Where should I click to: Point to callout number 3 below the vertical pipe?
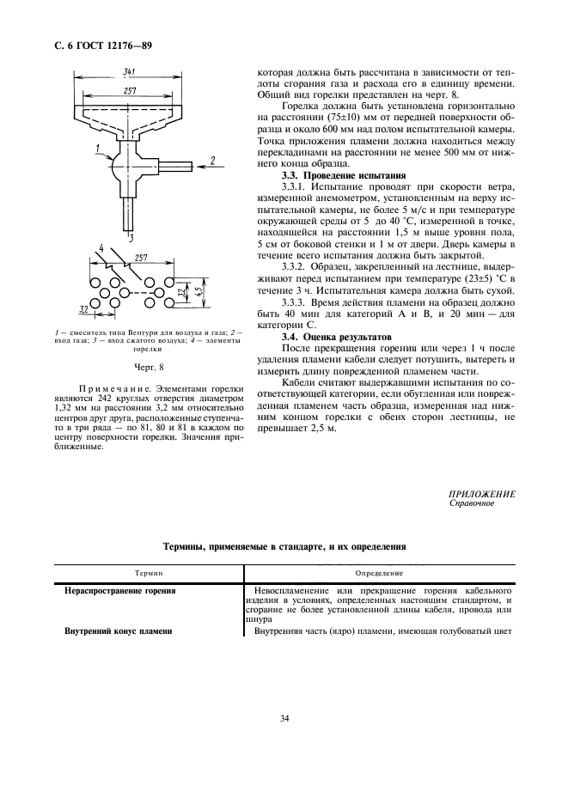coord(131,233)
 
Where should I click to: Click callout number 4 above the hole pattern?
coord(101,250)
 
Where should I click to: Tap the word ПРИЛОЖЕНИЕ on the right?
coord(482,494)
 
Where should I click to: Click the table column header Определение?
coord(378,572)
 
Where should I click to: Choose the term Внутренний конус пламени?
coord(119,631)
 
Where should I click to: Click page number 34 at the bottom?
coord(284,718)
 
